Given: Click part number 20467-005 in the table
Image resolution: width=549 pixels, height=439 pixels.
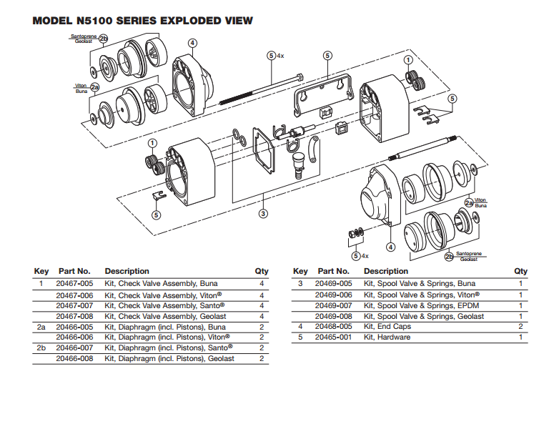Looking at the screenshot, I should [x=75, y=284].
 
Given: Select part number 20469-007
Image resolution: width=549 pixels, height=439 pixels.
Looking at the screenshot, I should [x=334, y=305].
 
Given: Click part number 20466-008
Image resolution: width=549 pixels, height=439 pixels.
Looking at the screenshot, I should [x=75, y=359].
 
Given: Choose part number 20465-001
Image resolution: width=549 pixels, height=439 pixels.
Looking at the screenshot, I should [x=334, y=337].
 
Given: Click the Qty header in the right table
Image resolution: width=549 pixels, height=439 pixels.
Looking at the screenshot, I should [x=520, y=272].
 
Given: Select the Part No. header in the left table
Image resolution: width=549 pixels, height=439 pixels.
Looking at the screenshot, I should [x=74, y=272].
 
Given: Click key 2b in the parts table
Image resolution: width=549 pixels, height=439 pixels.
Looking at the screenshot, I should [x=41, y=348].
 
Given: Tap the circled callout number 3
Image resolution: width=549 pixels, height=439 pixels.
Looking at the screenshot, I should [x=263, y=213].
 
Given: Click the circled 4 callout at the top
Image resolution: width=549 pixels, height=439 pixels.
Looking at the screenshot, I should [x=192, y=43].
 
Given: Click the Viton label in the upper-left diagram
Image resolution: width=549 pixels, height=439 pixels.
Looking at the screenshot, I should [x=81, y=86].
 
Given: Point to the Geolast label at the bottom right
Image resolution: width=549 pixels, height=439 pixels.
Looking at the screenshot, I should [x=468, y=260].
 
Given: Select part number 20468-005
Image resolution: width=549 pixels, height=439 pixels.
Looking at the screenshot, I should [x=334, y=327].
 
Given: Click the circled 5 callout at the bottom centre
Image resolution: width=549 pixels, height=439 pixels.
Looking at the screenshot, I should [x=355, y=255].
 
